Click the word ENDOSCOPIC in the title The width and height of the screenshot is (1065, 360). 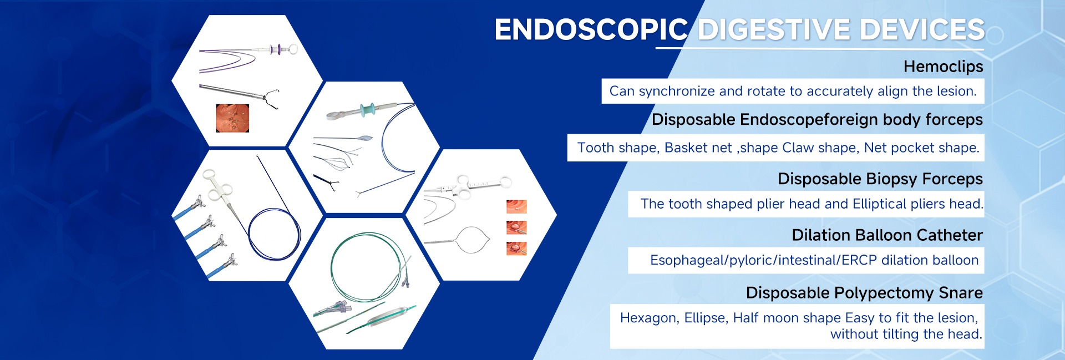pyautogui.click(x=591, y=29)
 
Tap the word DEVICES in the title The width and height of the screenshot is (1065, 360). pyautogui.click(x=922, y=29)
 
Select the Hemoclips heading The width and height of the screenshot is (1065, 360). pyautogui.click(x=943, y=67)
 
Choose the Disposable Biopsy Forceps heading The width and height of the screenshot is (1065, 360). pyautogui.click(x=880, y=179)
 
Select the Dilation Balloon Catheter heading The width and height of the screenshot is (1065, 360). pyautogui.click(x=887, y=235)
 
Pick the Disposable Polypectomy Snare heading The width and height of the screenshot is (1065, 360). pyautogui.click(x=864, y=293)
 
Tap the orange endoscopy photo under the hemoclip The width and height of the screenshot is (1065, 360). pyautogui.click(x=232, y=118)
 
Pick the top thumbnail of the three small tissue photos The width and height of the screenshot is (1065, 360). pyautogui.click(x=516, y=207)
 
